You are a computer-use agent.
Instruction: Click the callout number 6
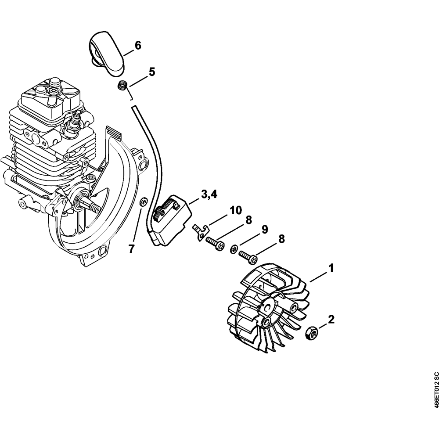click(x=137, y=45)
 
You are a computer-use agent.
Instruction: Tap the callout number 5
click(x=152, y=72)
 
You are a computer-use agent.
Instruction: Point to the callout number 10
click(x=235, y=210)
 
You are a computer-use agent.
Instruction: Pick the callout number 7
click(x=131, y=249)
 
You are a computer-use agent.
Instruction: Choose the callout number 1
click(x=331, y=267)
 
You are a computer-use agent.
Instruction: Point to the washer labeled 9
click(x=234, y=249)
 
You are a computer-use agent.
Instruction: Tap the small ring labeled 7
click(x=143, y=202)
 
